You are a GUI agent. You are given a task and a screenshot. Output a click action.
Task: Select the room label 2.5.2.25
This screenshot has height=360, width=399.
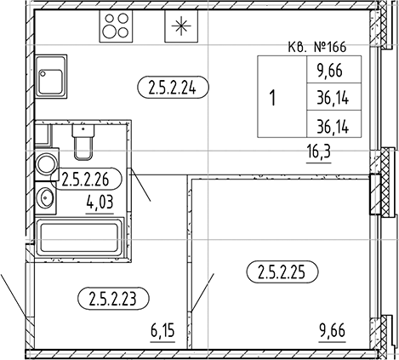point(282,273)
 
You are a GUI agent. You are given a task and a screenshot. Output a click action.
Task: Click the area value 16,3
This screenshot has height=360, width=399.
point(321,153)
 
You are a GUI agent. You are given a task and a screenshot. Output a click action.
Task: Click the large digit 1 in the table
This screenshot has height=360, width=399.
point(272,96)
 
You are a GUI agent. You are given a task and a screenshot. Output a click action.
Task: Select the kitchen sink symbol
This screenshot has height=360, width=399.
point(51,77)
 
